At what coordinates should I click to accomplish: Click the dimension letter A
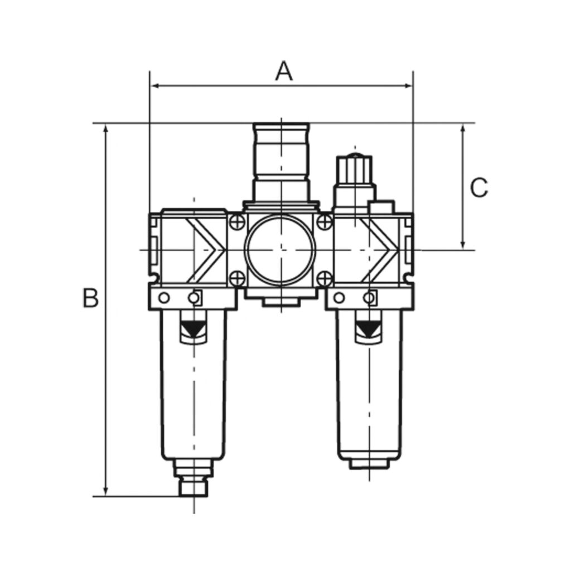[284, 71]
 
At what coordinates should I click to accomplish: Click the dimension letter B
[90, 298]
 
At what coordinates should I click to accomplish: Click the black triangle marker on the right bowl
[367, 330]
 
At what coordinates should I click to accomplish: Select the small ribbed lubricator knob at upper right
[352, 167]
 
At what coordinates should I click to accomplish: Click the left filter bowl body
[193, 401]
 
